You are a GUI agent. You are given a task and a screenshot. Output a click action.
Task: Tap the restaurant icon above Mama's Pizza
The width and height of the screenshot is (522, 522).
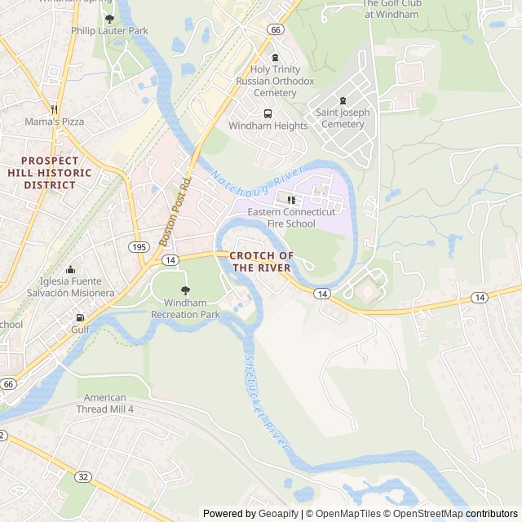coord(54,108)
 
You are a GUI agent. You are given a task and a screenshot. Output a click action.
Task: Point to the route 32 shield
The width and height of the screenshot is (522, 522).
coord(83,477)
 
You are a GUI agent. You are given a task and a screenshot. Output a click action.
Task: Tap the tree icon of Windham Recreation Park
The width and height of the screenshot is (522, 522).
coord(185,290)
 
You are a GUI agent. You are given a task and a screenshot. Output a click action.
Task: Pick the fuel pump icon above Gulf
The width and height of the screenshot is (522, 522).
coord(80,317)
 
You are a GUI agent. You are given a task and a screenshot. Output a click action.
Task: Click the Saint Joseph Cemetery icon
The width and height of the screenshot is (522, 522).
coord(343,100)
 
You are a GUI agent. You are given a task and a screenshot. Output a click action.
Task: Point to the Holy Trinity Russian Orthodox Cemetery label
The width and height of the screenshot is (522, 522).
coord(275,82)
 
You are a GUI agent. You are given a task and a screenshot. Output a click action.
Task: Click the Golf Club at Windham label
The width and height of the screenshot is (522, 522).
coord(391,9)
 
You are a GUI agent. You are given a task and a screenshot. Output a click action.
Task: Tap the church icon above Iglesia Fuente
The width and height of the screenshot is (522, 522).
coord(70,270)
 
